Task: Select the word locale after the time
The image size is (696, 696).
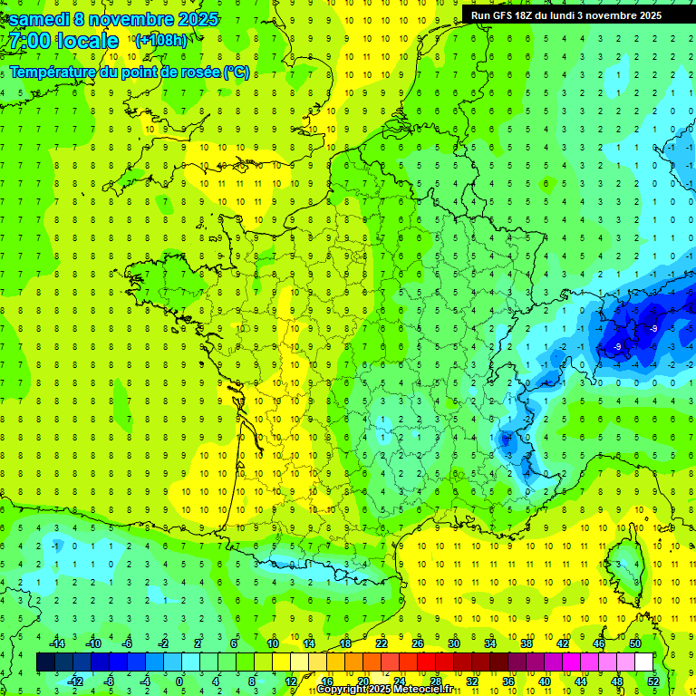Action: coord(87,42)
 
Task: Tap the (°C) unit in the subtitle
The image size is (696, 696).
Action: coord(237,72)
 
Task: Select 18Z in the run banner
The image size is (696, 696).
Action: coord(527,15)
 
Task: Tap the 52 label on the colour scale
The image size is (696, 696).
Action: coord(653,681)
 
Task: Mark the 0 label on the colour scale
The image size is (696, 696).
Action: coord(179,681)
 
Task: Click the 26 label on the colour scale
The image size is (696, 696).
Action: coord(417,643)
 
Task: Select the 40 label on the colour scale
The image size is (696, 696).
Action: coord(545,681)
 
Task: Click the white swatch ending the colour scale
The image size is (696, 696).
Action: coord(643,662)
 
